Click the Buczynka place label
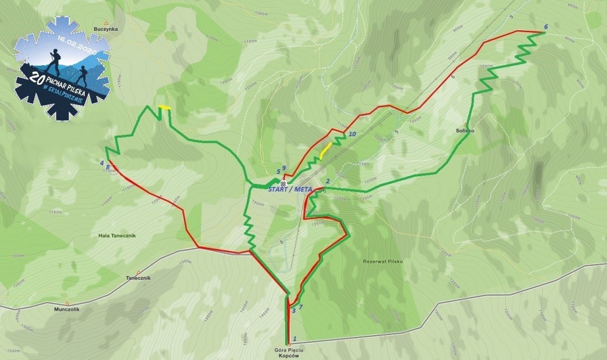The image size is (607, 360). (x=106, y=28)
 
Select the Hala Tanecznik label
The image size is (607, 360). (x=117, y=235)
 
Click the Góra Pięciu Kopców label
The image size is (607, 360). (x=288, y=352)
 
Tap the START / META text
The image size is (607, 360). (x=290, y=189)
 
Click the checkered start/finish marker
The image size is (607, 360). (x=284, y=184)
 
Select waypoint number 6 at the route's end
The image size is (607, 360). (x=545, y=27)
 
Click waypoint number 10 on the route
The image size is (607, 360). (x=352, y=135)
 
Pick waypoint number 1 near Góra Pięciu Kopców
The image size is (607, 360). (x=295, y=338)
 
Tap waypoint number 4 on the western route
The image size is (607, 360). (x=101, y=163)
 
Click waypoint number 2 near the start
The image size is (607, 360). (x=327, y=181)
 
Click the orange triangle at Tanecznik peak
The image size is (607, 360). (x=138, y=272)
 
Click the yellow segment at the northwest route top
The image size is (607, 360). (x=164, y=108)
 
